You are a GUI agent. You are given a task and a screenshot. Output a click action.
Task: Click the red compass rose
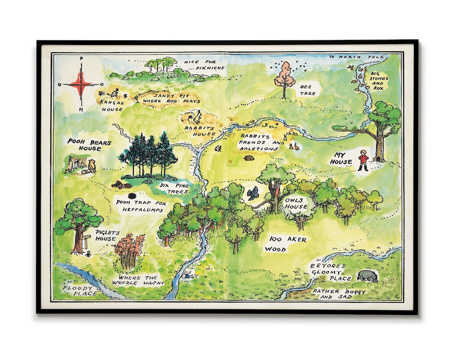pyautogui.click(x=81, y=84)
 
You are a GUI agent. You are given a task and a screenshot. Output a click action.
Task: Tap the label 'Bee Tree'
pyautogui.click(x=308, y=90)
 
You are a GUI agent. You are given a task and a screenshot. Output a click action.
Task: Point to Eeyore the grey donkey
pyautogui.click(x=367, y=276)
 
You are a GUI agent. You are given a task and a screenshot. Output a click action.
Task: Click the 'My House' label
pyautogui.click(x=342, y=159)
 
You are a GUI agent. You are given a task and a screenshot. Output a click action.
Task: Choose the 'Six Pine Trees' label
pyautogui.click(x=174, y=188)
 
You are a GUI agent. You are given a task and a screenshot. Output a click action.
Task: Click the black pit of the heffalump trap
pyautogui.click(x=132, y=196)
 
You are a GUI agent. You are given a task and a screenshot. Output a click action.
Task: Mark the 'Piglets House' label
pyautogui.click(x=106, y=236)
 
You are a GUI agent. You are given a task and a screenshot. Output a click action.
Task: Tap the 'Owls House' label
pyautogui.click(x=296, y=203)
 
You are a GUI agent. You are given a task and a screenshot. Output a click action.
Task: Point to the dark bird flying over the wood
pyautogui.click(x=253, y=193)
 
